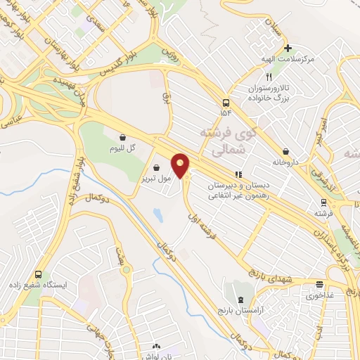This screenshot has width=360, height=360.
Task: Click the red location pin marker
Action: (x=181, y=166)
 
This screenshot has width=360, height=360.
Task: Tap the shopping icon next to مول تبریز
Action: (x=156, y=167)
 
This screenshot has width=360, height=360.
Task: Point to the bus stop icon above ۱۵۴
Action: (x=225, y=101)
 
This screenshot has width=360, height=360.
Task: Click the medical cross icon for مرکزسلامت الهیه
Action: (x=287, y=48)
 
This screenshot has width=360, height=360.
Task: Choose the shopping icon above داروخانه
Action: (x=285, y=150)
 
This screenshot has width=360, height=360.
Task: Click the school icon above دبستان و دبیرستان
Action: (x=238, y=174)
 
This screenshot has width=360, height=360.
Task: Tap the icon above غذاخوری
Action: (x=320, y=285)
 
